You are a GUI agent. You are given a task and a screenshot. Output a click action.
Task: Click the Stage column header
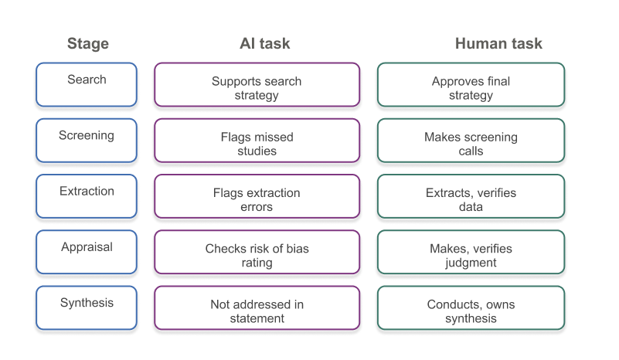[87, 43]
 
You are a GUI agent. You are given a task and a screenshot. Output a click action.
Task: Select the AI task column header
[265, 43]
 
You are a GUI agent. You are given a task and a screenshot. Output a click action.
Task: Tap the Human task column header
[498, 43]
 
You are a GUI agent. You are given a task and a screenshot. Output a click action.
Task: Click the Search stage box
[87, 84]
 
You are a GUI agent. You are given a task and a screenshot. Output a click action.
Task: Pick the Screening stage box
[87, 141]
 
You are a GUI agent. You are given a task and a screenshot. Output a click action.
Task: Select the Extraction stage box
[87, 196]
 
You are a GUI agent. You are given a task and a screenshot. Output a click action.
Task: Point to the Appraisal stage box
[87, 252]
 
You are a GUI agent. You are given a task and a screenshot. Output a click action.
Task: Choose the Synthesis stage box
[87, 308]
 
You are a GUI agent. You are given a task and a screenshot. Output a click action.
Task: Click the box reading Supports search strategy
[257, 84]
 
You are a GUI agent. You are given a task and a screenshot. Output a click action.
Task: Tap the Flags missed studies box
[257, 141]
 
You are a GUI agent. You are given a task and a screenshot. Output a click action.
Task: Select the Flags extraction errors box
[257, 196]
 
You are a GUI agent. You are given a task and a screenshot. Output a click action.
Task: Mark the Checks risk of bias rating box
[257, 252]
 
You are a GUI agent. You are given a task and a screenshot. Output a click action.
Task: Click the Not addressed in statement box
[257, 308]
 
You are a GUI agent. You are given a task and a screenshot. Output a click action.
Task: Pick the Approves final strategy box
[471, 84]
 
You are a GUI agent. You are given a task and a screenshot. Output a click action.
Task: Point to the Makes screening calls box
[471, 141]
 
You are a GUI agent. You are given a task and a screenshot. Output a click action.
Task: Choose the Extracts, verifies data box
[471, 196]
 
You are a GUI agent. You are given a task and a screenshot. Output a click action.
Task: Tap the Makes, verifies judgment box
[471, 252]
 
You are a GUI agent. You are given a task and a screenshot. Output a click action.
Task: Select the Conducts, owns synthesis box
[471, 308]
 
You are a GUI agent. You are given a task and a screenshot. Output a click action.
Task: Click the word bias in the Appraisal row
[298, 248]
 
